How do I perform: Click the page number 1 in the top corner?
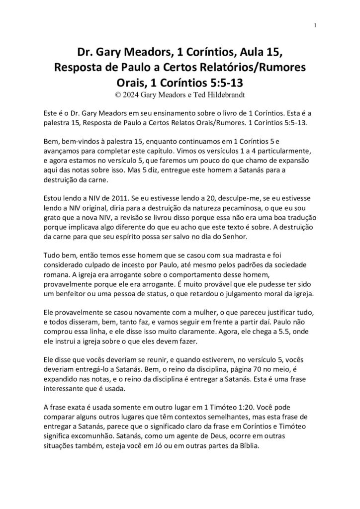(316, 25)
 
